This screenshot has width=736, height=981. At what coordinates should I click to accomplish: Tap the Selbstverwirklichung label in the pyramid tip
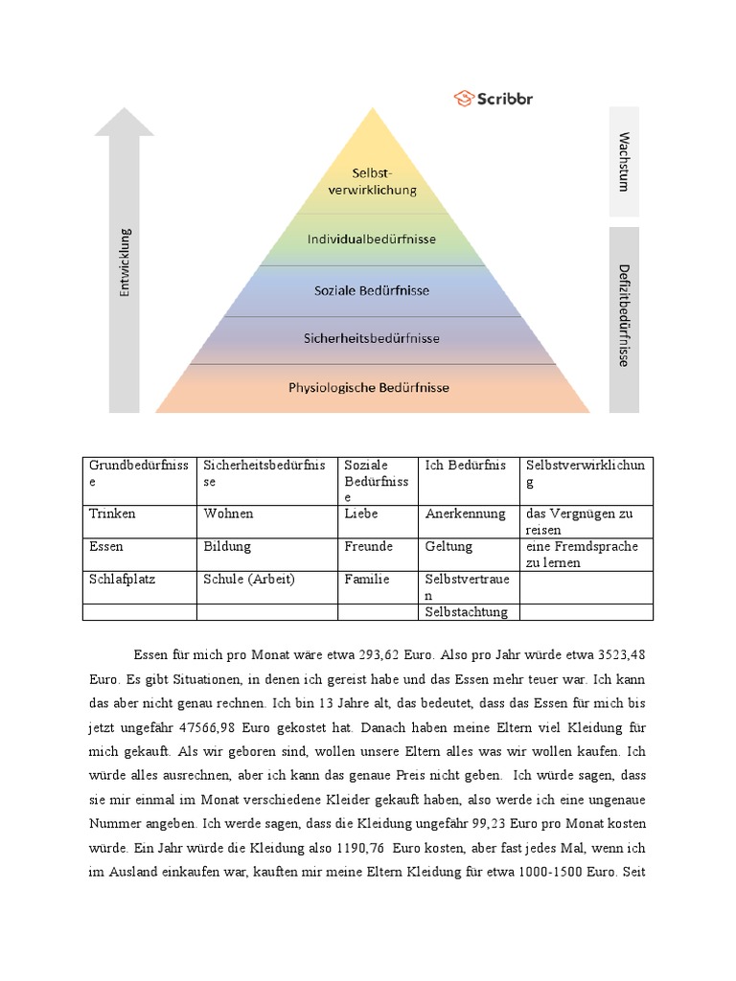pos(372,181)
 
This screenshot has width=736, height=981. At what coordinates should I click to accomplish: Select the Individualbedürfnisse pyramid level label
pos(372,239)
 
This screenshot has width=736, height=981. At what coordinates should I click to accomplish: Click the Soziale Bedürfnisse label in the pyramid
pos(372,289)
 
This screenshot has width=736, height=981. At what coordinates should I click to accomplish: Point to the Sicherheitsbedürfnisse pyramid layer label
pos(372,338)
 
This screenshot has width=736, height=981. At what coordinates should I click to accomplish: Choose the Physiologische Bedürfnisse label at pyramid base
pos(369,388)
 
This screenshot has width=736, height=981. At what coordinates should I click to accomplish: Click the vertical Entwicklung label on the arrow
pos(125,262)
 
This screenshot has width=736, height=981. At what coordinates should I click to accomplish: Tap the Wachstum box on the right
pos(624,161)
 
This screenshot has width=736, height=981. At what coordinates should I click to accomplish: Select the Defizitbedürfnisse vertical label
pos(624,315)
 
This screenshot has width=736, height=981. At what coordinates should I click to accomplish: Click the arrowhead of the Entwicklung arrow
pos(124,122)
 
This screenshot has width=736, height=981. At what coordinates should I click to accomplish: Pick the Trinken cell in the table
pos(113,513)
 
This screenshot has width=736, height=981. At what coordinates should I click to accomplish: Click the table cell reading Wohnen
pos(228,513)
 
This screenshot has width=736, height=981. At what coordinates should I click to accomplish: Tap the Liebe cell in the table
pos(361,513)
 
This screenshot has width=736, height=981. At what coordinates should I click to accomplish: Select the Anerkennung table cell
pos(465,513)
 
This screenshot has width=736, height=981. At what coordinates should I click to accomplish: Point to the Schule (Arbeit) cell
pos(249,580)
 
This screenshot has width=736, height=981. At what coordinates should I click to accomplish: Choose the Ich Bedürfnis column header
pos(465,466)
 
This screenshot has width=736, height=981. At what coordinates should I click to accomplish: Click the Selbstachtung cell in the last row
pos(467,612)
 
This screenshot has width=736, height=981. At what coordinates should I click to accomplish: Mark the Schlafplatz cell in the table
pos(122,580)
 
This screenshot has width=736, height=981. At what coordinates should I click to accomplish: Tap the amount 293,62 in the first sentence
pos(383,655)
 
